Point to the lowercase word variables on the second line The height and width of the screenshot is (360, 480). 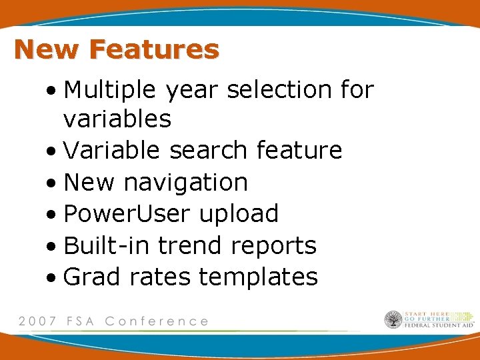117,119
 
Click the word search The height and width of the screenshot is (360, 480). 210,151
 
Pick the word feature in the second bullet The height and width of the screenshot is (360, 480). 299,151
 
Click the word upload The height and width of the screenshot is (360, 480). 239,214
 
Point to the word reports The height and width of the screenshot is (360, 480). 273,246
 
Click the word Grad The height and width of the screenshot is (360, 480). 93,276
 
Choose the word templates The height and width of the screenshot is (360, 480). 258,277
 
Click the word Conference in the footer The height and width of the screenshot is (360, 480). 157,321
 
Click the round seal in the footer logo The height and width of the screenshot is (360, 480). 393,320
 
